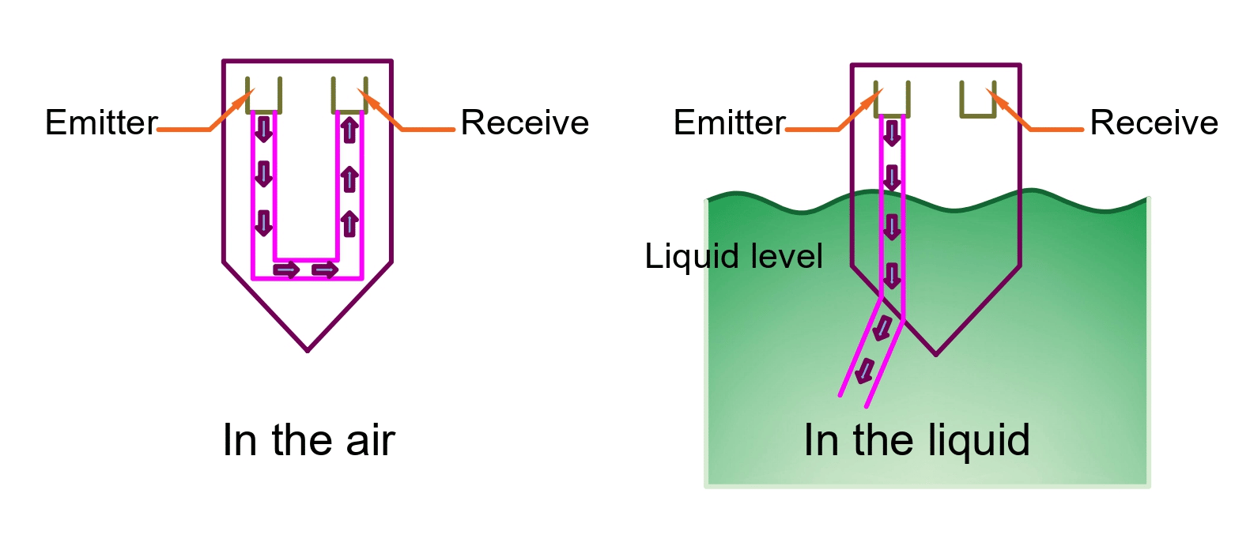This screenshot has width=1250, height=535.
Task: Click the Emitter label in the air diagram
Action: click(x=101, y=122)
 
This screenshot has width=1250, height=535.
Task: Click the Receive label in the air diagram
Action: click(x=525, y=122)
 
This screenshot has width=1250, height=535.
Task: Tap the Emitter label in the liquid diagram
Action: click(x=729, y=122)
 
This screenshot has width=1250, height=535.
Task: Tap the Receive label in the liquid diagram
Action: click(x=1154, y=122)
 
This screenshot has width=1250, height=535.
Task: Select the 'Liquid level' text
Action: click(x=734, y=256)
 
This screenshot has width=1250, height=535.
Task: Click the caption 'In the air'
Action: click(x=308, y=440)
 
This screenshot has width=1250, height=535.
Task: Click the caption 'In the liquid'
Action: click(x=917, y=440)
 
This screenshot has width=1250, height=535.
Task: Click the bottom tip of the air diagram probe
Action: click(x=308, y=350)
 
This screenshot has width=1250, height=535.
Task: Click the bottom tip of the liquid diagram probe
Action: click(x=936, y=354)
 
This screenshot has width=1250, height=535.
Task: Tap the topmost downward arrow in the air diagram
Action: click(x=264, y=129)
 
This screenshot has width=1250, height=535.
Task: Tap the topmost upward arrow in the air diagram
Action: click(x=349, y=129)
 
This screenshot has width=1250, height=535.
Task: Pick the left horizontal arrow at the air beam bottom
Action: click(x=286, y=270)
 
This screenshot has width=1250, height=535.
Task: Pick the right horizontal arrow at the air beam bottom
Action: click(x=325, y=270)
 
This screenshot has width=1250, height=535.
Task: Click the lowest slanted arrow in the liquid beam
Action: click(x=866, y=371)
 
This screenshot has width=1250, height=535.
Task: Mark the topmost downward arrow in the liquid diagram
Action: click(x=892, y=133)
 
